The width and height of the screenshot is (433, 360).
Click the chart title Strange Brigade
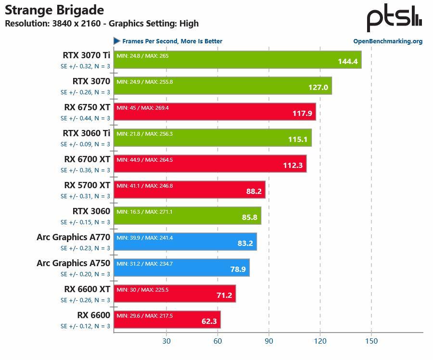pyautogui.click(x=54, y=10)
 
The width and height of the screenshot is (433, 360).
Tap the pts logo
pyautogui.click(x=394, y=20)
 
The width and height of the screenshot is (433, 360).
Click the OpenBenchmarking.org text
pyautogui.click(x=388, y=41)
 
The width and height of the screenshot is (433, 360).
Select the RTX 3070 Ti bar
pyautogui.click(x=237, y=60)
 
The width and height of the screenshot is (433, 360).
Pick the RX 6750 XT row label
pyautogui.click(x=87, y=107)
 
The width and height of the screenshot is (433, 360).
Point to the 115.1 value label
pyautogui.click(x=297, y=140)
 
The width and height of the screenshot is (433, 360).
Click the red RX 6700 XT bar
pyautogui.click(x=210, y=164)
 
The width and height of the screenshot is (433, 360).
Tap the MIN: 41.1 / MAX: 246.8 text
pyautogui.click(x=144, y=186)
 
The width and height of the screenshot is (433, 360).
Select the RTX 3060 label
pyautogui.click(x=91, y=211)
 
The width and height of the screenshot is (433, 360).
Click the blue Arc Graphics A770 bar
pyautogui.click(x=185, y=242)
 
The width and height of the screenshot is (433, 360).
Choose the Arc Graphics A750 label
pyautogui.click(x=74, y=263)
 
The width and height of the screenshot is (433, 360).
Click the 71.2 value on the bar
pyautogui.click(x=224, y=296)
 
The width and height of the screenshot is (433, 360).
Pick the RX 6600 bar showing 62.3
pyautogui.click(x=167, y=320)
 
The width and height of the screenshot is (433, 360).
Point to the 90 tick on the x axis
pyautogui.click(x=269, y=341)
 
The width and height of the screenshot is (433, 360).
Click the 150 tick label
pyautogui.click(x=371, y=341)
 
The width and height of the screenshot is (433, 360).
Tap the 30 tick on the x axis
pyautogui.click(x=166, y=341)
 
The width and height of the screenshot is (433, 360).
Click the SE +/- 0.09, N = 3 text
pyautogui.click(x=85, y=144)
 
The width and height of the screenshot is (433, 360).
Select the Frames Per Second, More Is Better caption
pyautogui.click(x=172, y=41)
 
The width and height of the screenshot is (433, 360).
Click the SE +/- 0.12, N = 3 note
pyautogui.click(x=85, y=326)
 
